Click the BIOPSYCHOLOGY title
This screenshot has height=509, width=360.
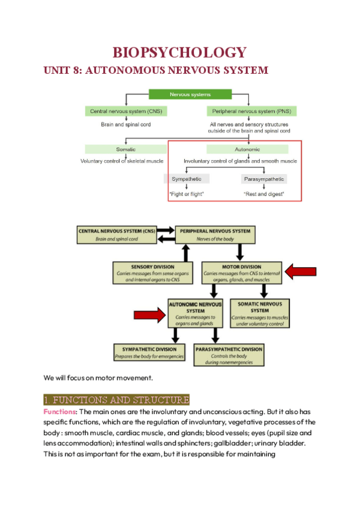pos(179,52)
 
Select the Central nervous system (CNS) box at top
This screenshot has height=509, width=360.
pos(125,111)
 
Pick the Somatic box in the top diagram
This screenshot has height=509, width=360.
pos(125,149)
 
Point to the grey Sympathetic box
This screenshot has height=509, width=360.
pos(187,179)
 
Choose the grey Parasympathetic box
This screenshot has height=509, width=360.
pos(264,179)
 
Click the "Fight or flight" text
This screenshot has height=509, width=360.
pos(187,194)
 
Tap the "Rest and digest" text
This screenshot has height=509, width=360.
pos(264,194)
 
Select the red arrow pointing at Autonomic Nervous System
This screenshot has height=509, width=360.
pos(149,314)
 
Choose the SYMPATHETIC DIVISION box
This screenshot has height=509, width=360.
pos(149,352)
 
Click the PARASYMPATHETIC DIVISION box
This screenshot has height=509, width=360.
pos(229,352)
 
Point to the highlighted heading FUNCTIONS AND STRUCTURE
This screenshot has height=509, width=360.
pos(116,400)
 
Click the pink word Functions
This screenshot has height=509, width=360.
pos(59,412)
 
